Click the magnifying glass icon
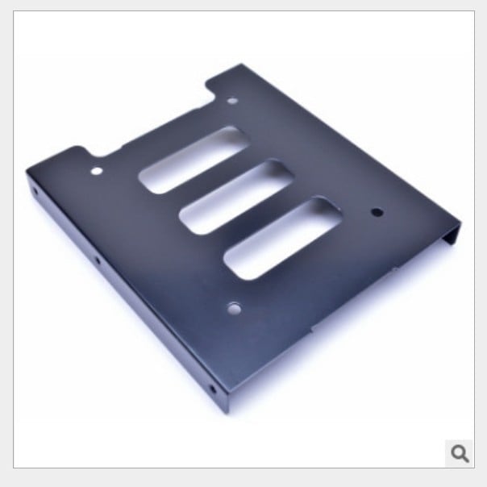tap(460, 453)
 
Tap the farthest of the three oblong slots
tap(191, 159)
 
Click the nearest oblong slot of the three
tap(281, 239)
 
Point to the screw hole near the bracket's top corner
tap(233, 102)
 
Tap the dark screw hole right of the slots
tap(376, 213)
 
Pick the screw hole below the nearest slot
tap(235, 307)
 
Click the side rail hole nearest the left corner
tap(37, 194)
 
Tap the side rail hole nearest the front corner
tap(213, 389)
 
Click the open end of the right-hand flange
tap(456, 235)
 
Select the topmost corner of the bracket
tap(240, 66)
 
